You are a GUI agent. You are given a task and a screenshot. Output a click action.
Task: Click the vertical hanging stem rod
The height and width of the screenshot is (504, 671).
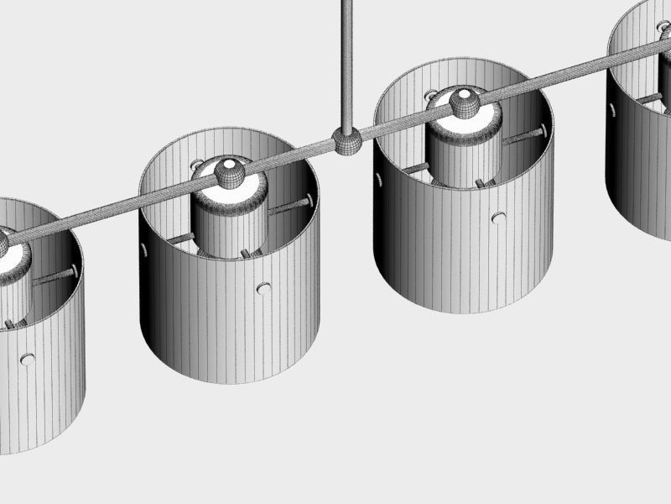(346, 59)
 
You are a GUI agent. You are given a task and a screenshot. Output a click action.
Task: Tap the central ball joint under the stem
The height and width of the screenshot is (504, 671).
(346, 139)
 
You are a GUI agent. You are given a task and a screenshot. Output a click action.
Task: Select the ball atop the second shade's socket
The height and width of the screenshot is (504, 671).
(229, 174)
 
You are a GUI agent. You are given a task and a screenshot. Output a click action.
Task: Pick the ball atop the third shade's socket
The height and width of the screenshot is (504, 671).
(462, 102)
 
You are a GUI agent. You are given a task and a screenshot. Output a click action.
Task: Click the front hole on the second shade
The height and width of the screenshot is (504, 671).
(264, 288)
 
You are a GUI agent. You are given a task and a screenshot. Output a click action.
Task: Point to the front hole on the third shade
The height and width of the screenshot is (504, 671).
(499, 218)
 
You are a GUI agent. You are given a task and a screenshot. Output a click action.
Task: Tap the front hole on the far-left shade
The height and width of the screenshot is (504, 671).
(28, 360)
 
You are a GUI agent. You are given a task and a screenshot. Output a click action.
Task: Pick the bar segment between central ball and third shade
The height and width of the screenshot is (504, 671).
(403, 122)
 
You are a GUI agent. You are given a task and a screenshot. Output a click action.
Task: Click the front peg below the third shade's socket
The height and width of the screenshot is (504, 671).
(480, 182)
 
